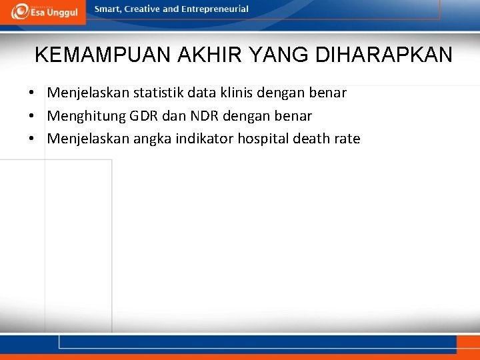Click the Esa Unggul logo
(x=43, y=11)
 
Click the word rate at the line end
(x=348, y=139)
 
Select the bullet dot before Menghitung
(x=31, y=116)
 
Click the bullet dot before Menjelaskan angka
(x=31, y=139)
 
